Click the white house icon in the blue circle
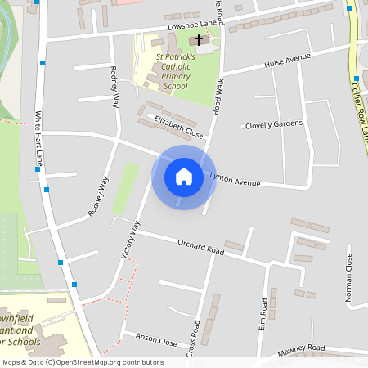[183, 177]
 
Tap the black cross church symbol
[198, 39]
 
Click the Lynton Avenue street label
[236, 179]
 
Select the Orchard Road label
[200, 246]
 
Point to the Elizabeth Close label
[178, 126]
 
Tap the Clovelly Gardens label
[274, 124]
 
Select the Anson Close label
[156, 341]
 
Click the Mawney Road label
[302, 349]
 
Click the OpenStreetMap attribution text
[83, 362]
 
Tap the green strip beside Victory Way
[125, 189]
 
